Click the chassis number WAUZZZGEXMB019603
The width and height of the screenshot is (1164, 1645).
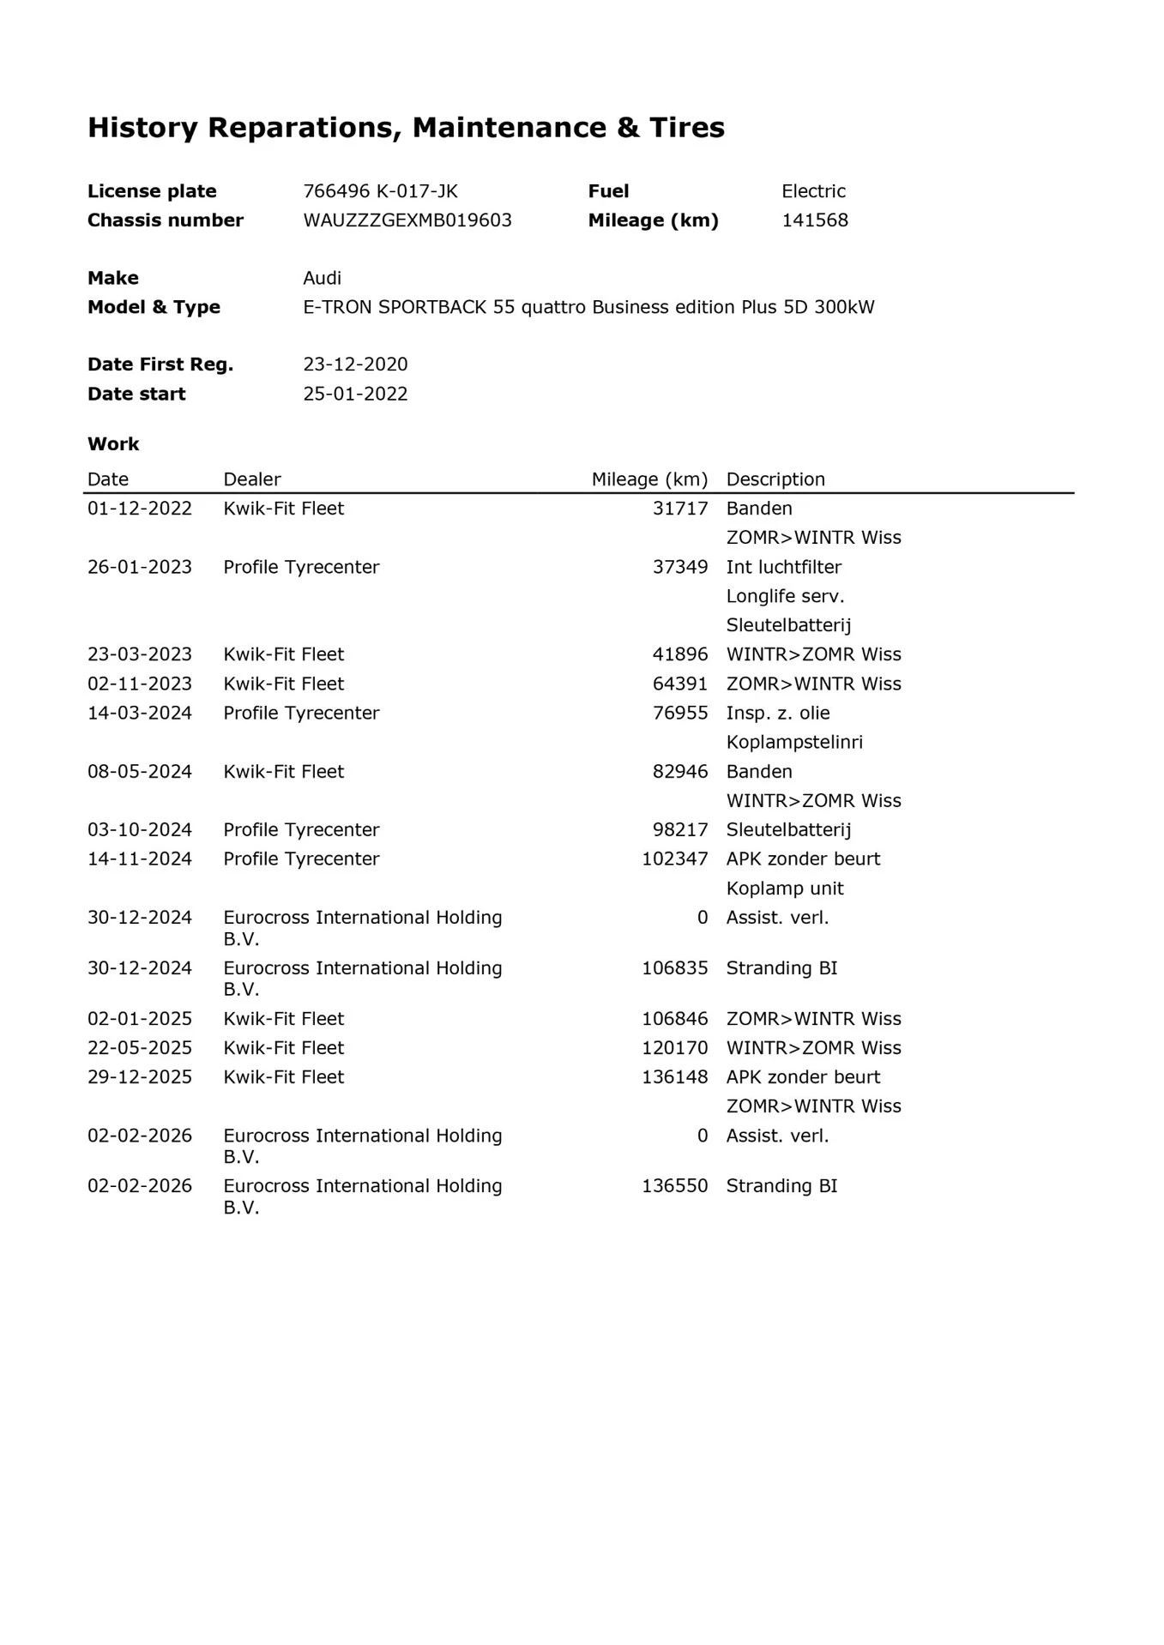point(407,220)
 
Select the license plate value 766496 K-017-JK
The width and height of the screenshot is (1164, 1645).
point(380,191)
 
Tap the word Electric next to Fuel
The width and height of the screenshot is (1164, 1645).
point(813,191)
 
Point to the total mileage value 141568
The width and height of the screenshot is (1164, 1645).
point(814,220)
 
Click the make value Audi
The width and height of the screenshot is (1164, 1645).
point(322,278)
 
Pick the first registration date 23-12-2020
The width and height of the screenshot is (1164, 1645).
point(355,365)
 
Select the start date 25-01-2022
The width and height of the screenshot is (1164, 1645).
point(355,394)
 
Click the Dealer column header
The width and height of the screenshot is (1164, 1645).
point(251,479)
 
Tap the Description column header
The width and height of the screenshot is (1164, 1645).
point(775,479)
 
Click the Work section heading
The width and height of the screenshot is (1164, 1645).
point(113,444)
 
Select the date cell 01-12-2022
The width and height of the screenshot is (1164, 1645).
point(140,509)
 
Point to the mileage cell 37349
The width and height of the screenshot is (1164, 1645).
point(680,567)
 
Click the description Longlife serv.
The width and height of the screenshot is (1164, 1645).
point(785,596)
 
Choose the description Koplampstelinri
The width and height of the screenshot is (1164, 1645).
point(793,742)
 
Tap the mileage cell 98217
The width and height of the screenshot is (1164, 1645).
point(680,829)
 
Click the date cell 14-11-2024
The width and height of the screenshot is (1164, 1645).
point(140,859)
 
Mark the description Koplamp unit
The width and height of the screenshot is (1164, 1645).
point(784,889)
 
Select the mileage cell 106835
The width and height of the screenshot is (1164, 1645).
point(674,968)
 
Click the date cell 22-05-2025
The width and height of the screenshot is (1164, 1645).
point(140,1048)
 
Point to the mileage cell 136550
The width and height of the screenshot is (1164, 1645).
point(674,1186)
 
